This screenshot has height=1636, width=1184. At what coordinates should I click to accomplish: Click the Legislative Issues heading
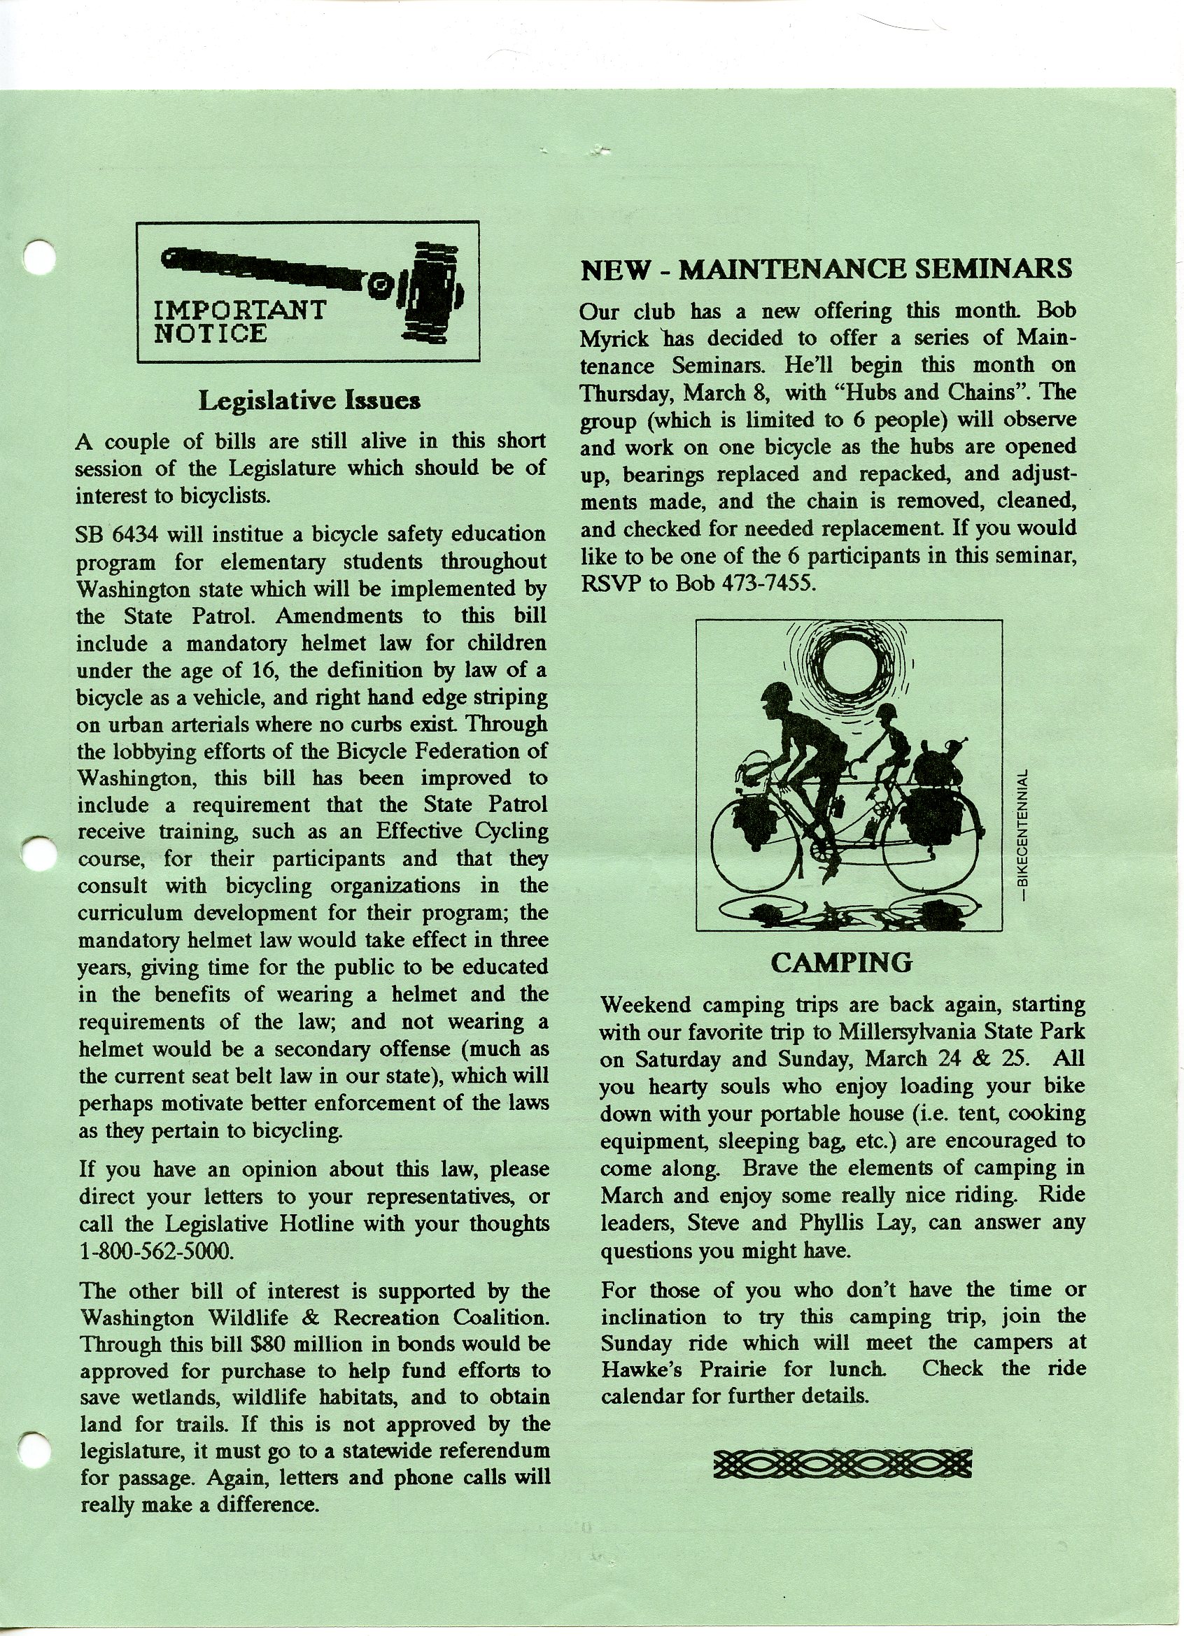coord(309,400)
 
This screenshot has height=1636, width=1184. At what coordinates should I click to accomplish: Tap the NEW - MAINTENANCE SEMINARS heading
coord(826,269)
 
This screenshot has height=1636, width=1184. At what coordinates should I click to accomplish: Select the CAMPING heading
coord(841,962)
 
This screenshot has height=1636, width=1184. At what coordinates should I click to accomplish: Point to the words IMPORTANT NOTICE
coord(239,322)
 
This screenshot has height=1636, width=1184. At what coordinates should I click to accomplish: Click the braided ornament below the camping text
coord(842,1462)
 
